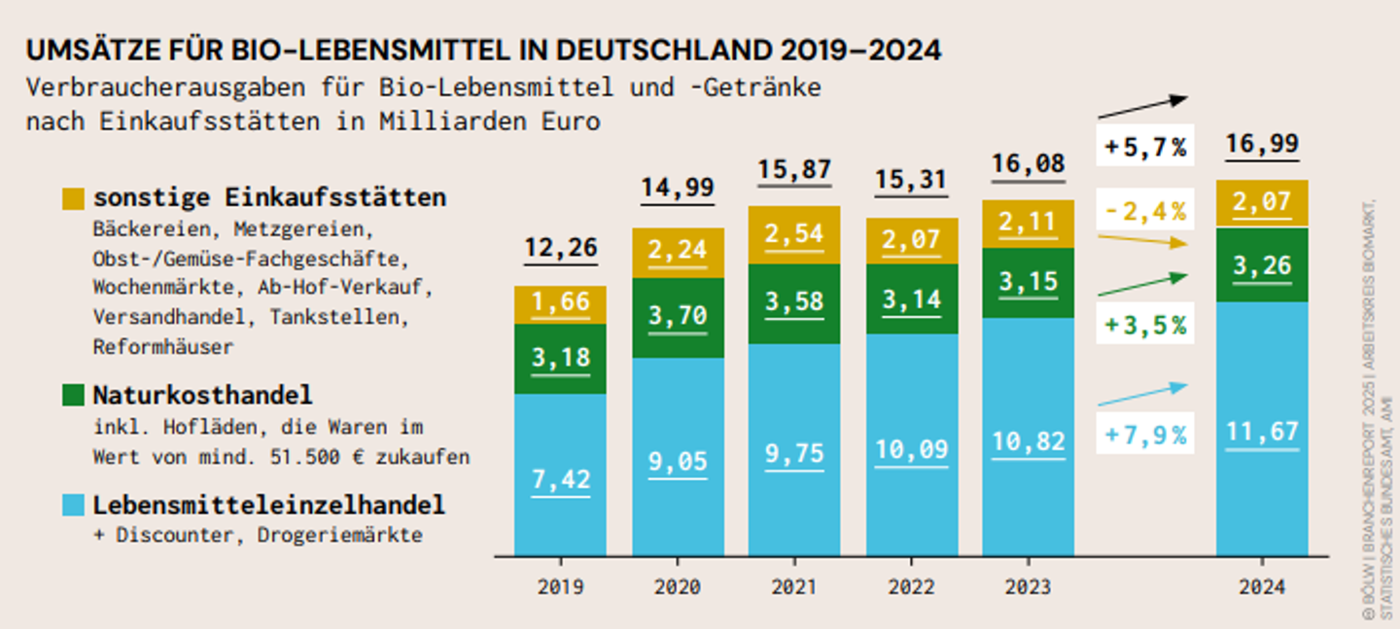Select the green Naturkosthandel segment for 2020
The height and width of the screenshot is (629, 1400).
[678, 317]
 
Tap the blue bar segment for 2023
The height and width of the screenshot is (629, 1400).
[1028, 437]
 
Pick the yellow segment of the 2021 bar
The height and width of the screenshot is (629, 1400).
[794, 234]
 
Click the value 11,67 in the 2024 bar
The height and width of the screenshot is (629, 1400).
[1261, 431]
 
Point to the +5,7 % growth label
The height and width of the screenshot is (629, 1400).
[1144, 148]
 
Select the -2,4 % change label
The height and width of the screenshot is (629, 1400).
[1144, 211]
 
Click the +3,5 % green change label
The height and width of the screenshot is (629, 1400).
[1144, 325]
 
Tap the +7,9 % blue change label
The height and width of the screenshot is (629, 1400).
[1144, 435]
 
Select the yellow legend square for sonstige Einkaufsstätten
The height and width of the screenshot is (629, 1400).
[73, 198]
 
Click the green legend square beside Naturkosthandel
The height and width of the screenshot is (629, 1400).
[73, 396]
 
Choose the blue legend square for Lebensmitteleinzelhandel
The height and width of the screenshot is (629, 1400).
[73, 506]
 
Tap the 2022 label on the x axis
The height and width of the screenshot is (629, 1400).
[911, 587]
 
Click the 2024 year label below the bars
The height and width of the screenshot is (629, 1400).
[1261, 587]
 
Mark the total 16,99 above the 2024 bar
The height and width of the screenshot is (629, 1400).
[1261, 145]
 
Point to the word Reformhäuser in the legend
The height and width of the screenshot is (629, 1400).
[163, 346]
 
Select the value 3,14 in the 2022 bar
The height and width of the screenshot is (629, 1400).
[911, 299]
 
